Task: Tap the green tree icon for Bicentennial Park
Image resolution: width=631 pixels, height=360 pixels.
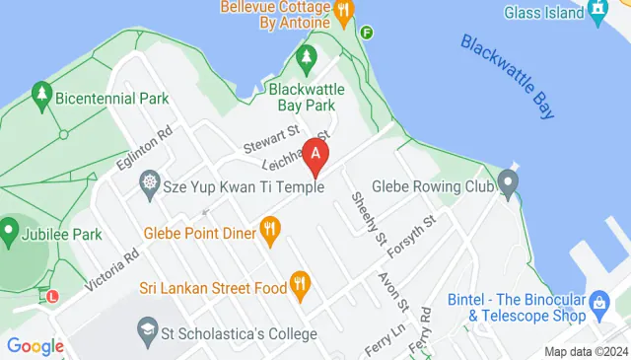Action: [41, 95]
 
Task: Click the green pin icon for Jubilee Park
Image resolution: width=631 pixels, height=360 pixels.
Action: [9, 234]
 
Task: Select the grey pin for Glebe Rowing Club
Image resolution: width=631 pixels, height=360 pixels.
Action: [508, 182]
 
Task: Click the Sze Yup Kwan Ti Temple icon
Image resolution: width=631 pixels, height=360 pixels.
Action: [150, 182]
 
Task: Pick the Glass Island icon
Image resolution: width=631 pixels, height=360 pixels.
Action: [598, 11]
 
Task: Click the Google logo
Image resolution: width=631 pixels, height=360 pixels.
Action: [35, 345]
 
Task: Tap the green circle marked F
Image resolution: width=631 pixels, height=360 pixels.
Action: [368, 32]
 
